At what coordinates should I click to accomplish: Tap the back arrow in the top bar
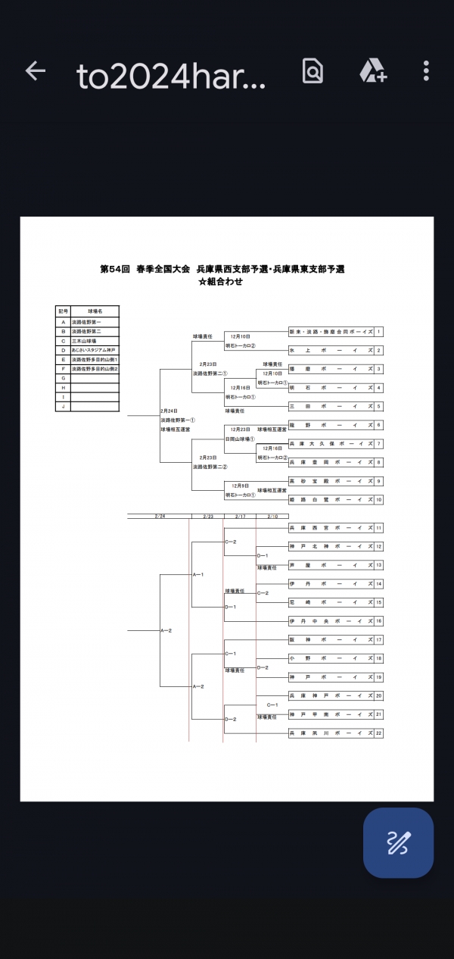36,72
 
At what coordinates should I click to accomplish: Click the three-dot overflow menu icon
427,72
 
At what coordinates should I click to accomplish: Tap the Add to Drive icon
373,72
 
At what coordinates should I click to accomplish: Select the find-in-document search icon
313,72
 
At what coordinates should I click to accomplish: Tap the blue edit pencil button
398,842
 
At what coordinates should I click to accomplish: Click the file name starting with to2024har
171,76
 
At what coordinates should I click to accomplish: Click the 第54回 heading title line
222,269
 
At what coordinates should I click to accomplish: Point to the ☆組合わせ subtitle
221,281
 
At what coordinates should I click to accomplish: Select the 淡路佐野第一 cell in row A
94,322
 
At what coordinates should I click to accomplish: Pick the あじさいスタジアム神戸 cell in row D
94,350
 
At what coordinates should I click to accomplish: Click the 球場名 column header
94,311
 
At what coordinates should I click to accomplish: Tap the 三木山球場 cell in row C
94,341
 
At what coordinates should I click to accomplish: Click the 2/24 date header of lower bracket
160,516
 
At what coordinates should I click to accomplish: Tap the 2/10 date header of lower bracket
272,516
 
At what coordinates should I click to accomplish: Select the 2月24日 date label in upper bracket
169,411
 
